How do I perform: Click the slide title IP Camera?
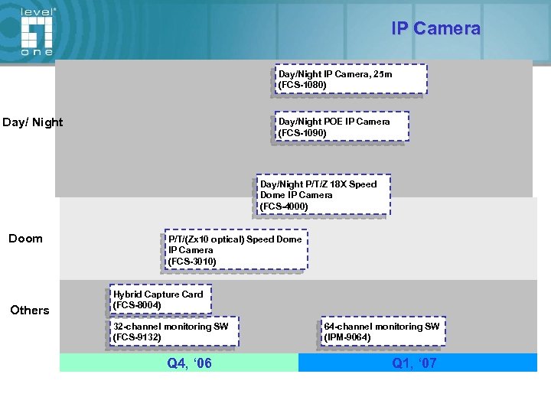point(435,29)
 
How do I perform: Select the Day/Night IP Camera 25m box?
point(350,79)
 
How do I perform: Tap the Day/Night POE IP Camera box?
point(341,127)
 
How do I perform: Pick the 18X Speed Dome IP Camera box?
point(322,195)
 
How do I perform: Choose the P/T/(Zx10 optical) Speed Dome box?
point(235,249)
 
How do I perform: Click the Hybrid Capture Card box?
point(161,299)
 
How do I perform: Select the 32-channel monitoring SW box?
point(174,331)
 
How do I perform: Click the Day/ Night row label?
point(33,122)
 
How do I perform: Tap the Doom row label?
point(25,239)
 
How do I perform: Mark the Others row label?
point(30,310)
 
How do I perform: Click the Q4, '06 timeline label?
point(189,363)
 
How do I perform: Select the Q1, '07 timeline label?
point(414,363)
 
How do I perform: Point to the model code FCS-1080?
point(302,85)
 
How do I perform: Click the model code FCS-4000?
point(284,206)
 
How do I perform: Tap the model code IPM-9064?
point(347,337)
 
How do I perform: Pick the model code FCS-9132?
point(137,337)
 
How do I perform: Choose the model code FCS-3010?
point(192,262)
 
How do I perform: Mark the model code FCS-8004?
point(137,305)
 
